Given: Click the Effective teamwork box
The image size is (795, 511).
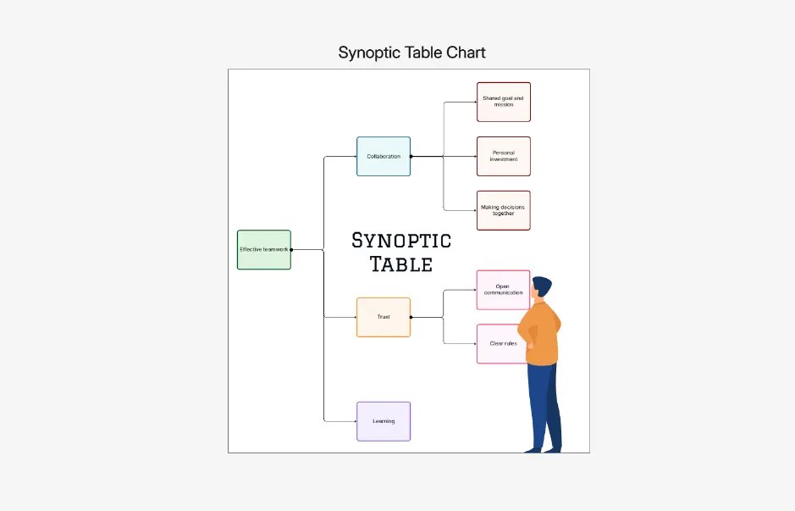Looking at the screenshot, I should point(263,250).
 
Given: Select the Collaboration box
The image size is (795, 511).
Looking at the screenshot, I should point(384,156).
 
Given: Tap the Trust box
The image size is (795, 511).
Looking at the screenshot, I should point(384,317).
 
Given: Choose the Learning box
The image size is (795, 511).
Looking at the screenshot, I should point(384,421).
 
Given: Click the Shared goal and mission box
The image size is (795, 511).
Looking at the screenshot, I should point(503,102).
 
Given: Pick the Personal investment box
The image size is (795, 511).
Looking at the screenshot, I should point(503,156).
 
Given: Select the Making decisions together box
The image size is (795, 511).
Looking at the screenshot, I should point(503,210).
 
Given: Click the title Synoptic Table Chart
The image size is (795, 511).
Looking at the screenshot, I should point(411,53).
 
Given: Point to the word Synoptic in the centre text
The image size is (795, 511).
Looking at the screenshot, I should point(401,241).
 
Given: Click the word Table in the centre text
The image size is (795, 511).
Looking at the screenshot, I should point(401,264).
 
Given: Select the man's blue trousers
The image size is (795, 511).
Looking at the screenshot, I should point(543,403).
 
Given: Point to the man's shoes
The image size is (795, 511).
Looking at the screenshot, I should point(542,450).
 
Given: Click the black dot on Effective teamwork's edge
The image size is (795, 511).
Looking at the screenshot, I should point(291,250).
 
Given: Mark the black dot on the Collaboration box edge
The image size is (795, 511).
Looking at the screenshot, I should point(411,156).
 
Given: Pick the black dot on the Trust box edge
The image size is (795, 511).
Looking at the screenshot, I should point(411,317).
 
